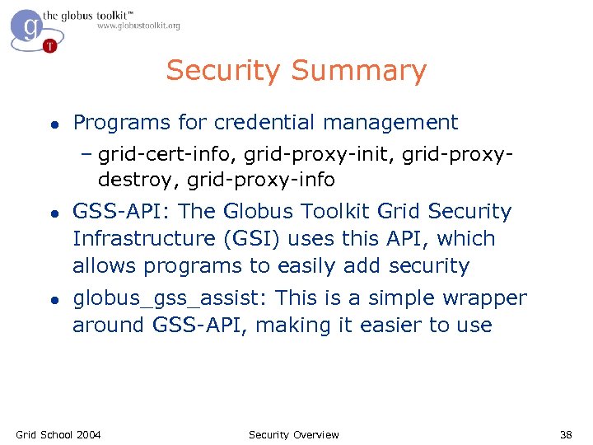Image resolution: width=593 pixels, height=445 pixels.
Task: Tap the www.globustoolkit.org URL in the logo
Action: click(138, 26)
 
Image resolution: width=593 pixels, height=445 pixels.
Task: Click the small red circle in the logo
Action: click(50, 45)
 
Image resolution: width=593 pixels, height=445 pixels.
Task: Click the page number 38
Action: click(566, 434)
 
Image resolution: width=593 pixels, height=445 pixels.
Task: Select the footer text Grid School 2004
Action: click(58, 434)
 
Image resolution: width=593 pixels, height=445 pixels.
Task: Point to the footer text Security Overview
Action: click(293, 434)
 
